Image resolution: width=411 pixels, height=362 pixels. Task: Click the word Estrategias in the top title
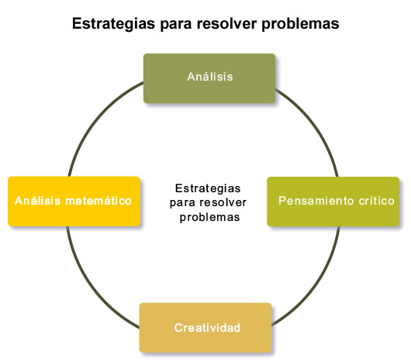(x=113, y=24)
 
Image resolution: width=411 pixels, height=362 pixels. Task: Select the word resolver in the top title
(x=226, y=23)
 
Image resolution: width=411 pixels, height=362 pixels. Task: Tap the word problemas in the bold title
(x=300, y=24)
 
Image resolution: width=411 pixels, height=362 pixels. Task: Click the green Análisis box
(x=209, y=78)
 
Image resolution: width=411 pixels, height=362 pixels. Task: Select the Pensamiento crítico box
(x=333, y=202)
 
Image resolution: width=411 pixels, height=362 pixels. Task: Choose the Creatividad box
(x=205, y=328)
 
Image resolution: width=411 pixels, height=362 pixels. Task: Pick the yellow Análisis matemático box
(x=74, y=202)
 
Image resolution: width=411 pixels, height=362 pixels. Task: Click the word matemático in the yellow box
(x=98, y=201)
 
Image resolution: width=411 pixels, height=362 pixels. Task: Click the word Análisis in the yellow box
(x=38, y=201)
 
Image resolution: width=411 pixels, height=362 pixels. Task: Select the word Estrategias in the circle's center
(x=208, y=188)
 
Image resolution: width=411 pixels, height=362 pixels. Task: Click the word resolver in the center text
(x=223, y=202)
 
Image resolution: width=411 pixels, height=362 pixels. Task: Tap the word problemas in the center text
(x=209, y=217)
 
